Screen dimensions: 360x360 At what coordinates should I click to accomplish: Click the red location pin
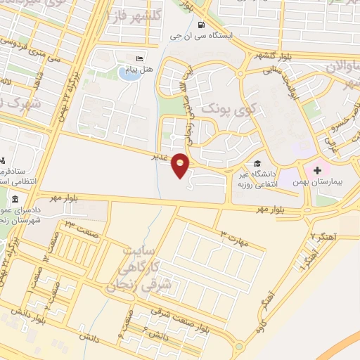pyautogui.click(x=181, y=165)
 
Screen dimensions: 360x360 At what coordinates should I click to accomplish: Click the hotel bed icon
pyautogui.click(x=139, y=58)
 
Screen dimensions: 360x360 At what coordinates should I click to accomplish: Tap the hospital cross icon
pyautogui.click(x=316, y=169)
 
